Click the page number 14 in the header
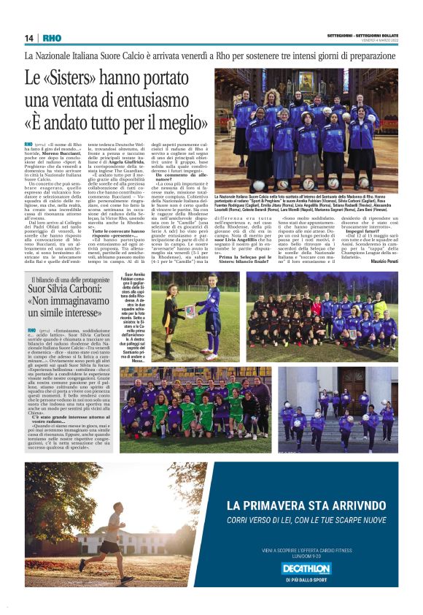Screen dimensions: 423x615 point(29,38)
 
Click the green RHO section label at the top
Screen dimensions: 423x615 point(52,38)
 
